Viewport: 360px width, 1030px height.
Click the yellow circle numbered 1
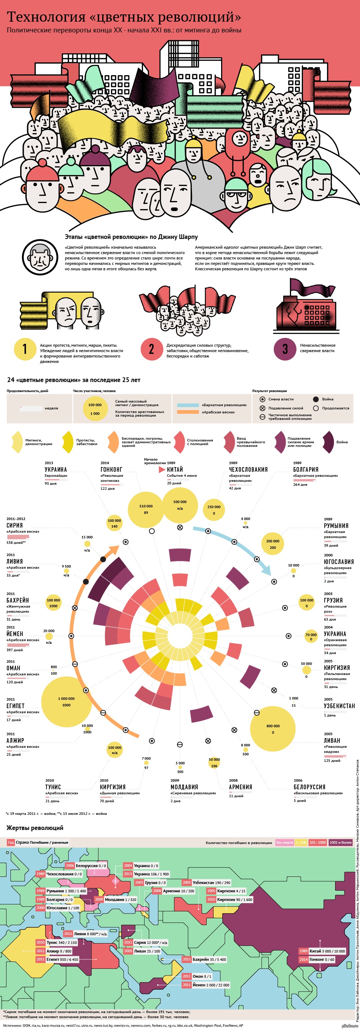point(25,349)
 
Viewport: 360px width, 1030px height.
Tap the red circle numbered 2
point(151,349)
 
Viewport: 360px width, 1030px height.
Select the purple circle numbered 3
point(285,349)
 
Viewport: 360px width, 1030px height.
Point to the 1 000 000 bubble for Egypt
point(66,702)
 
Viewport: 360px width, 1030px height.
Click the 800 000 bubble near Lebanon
point(273,728)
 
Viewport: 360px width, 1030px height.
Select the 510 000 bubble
point(146,509)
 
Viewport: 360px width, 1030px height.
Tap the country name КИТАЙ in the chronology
point(175,470)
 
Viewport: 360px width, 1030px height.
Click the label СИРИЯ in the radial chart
point(15,525)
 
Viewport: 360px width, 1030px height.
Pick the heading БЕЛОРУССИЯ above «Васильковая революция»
point(309,787)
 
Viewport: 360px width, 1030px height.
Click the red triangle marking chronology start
point(162,470)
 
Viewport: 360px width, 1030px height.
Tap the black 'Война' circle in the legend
point(316,399)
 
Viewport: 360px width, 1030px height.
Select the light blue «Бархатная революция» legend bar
point(188,405)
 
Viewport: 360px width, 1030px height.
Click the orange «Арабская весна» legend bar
point(188,412)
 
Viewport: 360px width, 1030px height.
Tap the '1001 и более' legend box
point(341,843)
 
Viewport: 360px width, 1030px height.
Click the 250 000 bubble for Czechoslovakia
point(214,509)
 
